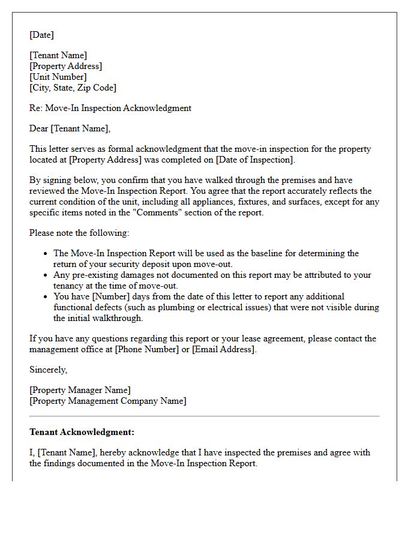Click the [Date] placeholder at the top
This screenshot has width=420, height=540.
pos(41,35)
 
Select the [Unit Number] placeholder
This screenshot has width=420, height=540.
pos(58,77)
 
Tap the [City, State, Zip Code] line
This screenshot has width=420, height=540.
pos(73,88)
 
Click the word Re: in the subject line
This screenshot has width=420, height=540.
pos(35,108)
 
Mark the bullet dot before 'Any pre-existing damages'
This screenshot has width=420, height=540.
pos(46,275)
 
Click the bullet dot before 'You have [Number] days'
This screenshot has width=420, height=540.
pos(46,296)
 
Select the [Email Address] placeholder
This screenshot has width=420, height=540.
pos(224,349)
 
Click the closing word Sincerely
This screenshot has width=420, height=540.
pos(48,370)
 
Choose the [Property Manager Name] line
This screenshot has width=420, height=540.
pos(80,390)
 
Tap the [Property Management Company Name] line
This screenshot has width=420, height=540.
pos(108,401)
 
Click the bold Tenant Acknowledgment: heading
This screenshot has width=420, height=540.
pos(82,432)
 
